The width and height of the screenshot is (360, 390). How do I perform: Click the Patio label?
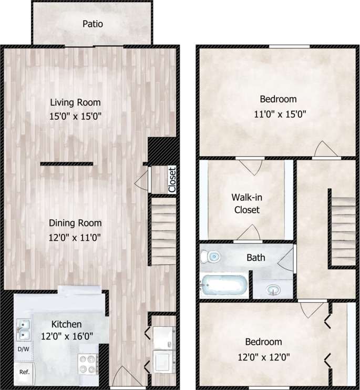coord(92,24)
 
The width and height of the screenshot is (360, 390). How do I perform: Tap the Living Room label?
coord(75,102)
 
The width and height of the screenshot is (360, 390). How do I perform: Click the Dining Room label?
coord(75,223)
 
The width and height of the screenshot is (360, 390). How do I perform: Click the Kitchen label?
coord(66,324)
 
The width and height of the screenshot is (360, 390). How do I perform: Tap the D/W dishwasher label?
coord(24,349)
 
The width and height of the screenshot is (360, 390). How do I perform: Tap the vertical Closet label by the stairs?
coord(171,180)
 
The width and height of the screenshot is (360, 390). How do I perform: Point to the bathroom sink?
coord(272,289)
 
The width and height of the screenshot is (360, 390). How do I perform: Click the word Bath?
coord(255,258)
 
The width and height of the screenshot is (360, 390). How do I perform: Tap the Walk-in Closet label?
coord(245,203)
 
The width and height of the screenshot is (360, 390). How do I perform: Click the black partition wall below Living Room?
coord(67,164)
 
